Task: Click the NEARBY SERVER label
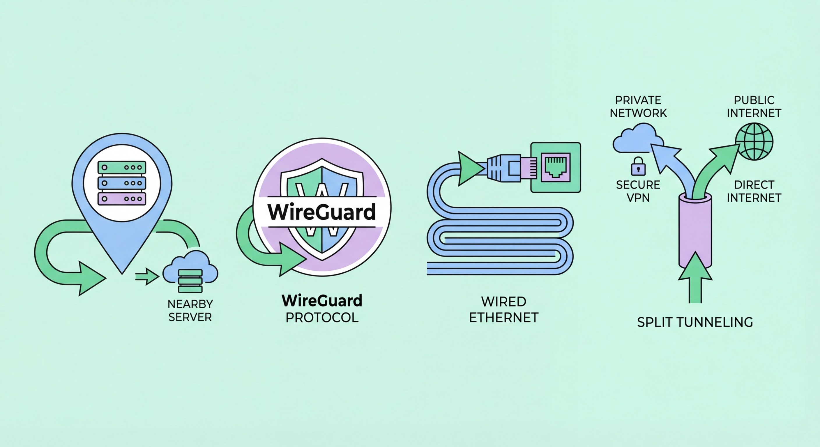(190, 311)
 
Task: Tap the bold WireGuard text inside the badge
(321, 212)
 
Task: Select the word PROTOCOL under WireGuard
(322, 317)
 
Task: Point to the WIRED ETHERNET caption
(503, 310)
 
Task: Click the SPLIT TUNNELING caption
(695, 322)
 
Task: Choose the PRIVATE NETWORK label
(638, 107)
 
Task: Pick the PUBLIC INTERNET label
(754, 107)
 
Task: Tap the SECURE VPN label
(638, 191)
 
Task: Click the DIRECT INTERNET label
(754, 191)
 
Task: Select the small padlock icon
(638, 166)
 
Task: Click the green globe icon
(754, 141)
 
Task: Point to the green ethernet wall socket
(556, 167)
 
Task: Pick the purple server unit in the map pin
(122, 198)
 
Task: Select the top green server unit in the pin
(122, 167)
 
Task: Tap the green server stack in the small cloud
(190, 281)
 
